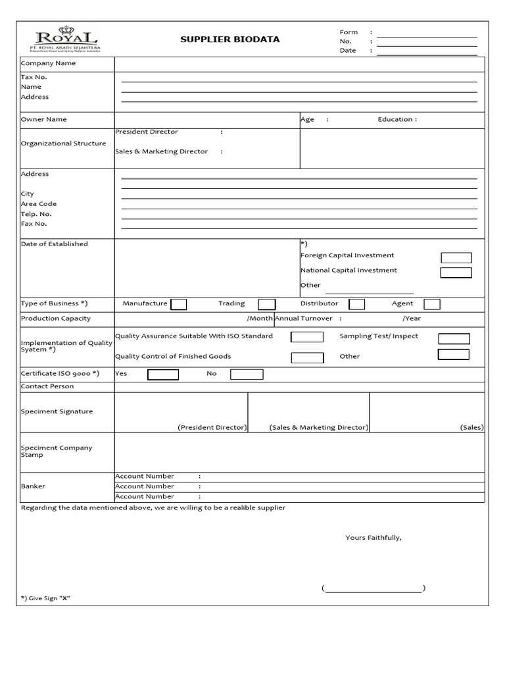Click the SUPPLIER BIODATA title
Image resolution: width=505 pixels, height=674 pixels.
coord(229,39)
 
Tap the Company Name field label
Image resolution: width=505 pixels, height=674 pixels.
coord(48,63)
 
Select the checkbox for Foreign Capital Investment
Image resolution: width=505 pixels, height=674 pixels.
coord(456,258)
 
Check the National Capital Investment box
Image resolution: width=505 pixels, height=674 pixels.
coord(456,272)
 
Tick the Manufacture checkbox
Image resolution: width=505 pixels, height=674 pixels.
coord(178,304)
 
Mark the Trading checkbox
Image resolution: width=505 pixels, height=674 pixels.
coord(266,304)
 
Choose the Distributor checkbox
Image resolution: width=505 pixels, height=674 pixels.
coord(356,304)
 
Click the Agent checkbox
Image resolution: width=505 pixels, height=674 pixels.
coord(431,304)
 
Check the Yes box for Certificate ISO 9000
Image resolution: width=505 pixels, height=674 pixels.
coord(163,375)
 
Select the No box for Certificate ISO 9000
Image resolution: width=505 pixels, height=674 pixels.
coord(247,375)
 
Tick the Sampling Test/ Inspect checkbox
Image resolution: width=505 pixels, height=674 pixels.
coord(454,339)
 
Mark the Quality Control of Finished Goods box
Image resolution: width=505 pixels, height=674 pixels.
coord(307,358)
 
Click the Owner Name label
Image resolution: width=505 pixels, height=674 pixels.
coord(43,119)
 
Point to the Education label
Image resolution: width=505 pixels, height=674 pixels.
coord(397,119)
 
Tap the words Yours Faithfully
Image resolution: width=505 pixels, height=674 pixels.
coord(373,538)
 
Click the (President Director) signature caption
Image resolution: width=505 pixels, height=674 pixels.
coord(212,427)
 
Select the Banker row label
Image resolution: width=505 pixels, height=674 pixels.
coord(33,486)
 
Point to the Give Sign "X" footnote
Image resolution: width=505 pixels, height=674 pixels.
coord(45,598)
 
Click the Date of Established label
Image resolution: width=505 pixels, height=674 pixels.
coord(54,244)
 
